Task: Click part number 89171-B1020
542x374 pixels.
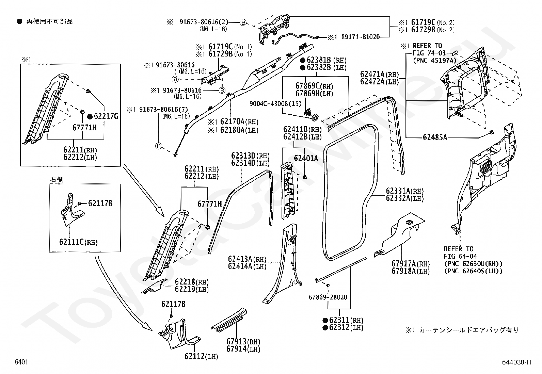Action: [361, 37]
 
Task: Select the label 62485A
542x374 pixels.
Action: [435, 137]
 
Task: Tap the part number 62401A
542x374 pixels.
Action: [306, 158]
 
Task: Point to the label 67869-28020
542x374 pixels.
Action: [328, 297]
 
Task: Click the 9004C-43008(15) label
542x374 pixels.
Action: [275, 104]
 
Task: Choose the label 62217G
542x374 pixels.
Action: [106, 116]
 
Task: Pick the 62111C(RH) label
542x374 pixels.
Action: [78, 242]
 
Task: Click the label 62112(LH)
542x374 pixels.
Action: [201, 356]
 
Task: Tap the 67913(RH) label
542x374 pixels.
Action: [243, 341]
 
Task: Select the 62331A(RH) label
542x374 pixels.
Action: [405, 191]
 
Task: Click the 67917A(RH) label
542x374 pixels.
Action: [411, 263]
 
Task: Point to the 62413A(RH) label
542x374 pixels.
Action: [247, 259]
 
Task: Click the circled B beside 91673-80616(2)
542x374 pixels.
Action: [243, 23]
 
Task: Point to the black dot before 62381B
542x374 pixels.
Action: [302, 60]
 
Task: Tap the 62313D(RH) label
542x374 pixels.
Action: [250, 156]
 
